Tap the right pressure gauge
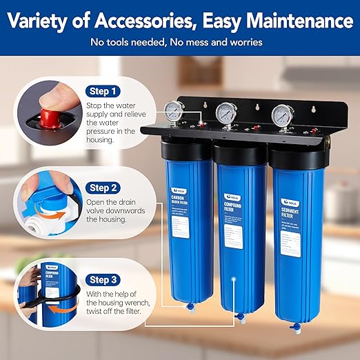pyautogui.click(x=280, y=114)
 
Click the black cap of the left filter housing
pyautogui.click(x=186, y=148)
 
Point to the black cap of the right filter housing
pyautogui.click(x=294, y=150)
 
